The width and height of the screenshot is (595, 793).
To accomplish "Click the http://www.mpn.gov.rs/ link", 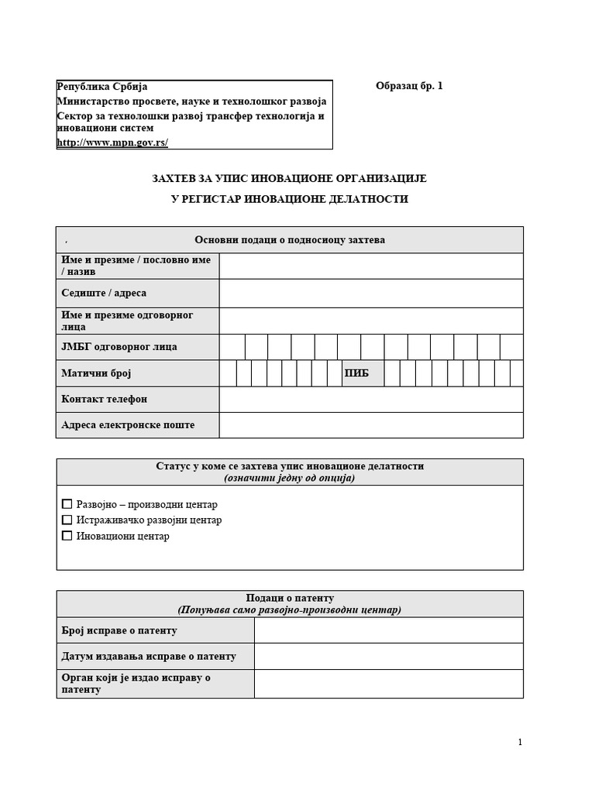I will coord(112,142).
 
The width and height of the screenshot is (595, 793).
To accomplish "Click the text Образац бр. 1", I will coord(409,87).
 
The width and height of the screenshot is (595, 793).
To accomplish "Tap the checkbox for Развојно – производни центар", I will coord(67,504).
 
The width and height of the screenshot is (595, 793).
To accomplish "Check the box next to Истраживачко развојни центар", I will coord(67,520).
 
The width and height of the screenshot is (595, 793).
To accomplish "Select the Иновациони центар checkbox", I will coord(67,535).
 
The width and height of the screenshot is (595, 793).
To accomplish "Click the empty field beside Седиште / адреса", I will coord(370,294).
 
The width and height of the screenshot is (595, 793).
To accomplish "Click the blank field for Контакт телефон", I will coord(370,400).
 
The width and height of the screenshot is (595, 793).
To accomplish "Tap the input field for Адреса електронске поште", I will coord(370,425).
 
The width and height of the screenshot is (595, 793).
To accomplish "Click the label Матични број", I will coord(96,373).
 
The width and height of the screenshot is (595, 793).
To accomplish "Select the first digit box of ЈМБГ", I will coord(232,347).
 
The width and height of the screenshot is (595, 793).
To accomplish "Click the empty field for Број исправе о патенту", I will coord(388,630).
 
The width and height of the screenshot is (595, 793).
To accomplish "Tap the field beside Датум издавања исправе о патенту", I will coord(388,656).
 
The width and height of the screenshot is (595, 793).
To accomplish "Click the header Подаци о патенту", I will coord(290,598).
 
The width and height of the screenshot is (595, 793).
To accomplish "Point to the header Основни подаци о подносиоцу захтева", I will coord(290,240).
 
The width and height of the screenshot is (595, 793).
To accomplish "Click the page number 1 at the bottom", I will coord(520,743).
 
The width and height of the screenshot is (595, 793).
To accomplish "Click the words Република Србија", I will coord(102,87).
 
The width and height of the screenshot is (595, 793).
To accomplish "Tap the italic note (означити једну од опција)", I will coord(290,479).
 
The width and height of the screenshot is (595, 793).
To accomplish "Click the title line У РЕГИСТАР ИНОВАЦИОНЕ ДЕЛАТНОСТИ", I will coord(290,199).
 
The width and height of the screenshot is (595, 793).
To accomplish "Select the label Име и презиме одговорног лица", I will coord(127,321).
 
